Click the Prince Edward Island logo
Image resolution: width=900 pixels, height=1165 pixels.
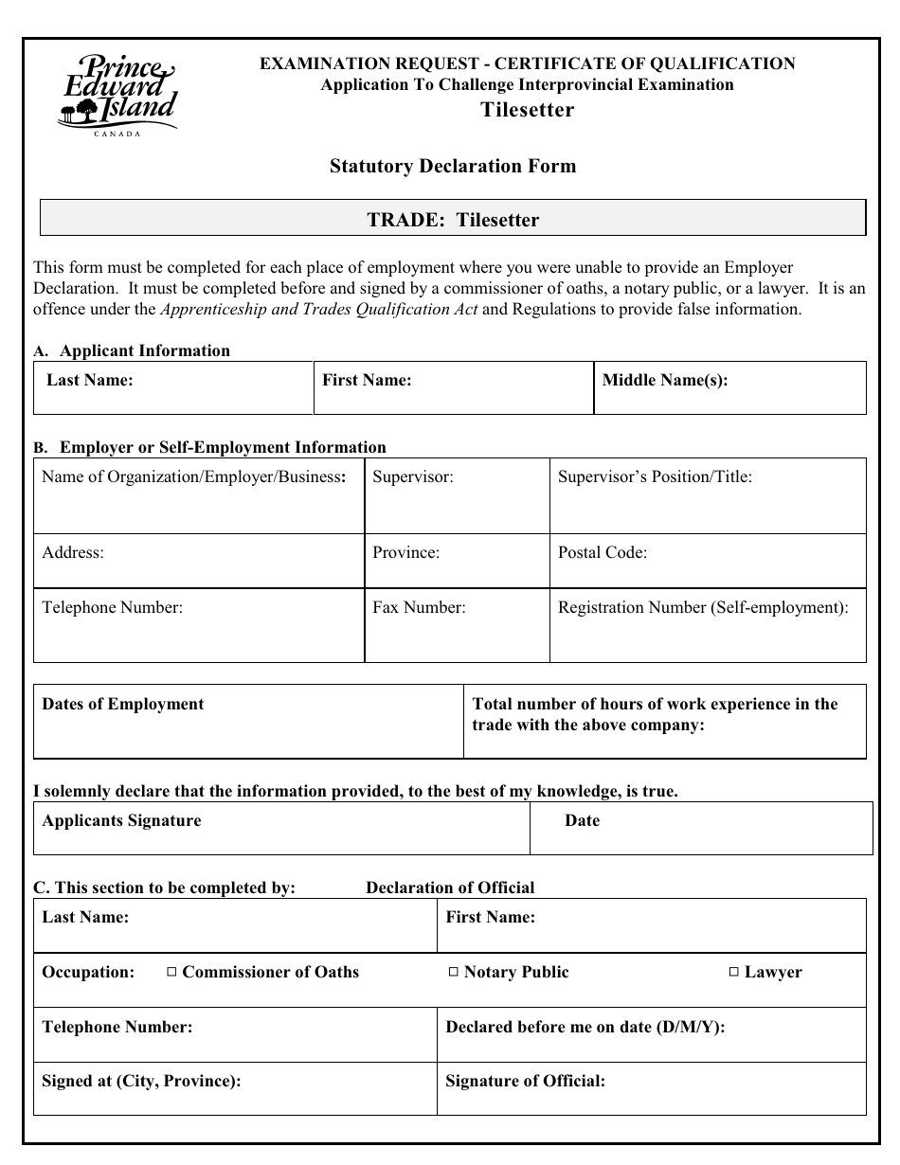point(117,95)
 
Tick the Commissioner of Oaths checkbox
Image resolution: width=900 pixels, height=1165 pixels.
point(171,972)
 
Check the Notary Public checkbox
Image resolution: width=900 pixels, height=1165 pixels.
point(454,972)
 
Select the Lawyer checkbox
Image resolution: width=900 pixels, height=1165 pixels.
point(734,972)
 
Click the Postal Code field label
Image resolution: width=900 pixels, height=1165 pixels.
point(603,552)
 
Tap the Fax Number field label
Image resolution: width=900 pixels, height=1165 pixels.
point(419,607)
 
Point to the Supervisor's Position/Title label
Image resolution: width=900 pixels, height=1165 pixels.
point(655,476)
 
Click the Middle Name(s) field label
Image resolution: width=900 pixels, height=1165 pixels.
point(665,381)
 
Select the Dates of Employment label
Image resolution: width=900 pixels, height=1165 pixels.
point(123,704)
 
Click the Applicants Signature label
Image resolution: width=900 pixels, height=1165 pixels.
point(122,820)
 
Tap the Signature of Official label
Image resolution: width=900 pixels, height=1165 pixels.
point(525,1081)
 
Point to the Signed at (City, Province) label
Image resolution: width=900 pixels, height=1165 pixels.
point(142,1081)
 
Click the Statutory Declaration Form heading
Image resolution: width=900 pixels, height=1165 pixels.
point(453,167)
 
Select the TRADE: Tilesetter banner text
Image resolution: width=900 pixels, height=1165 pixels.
point(453,221)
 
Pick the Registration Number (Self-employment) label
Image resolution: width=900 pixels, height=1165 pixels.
point(703,607)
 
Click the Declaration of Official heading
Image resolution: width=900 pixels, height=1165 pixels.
point(450,887)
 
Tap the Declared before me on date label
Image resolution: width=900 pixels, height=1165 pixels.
point(585,1027)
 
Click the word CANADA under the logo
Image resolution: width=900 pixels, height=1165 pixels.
point(117,134)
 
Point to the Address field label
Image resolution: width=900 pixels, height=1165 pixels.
point(73,552)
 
